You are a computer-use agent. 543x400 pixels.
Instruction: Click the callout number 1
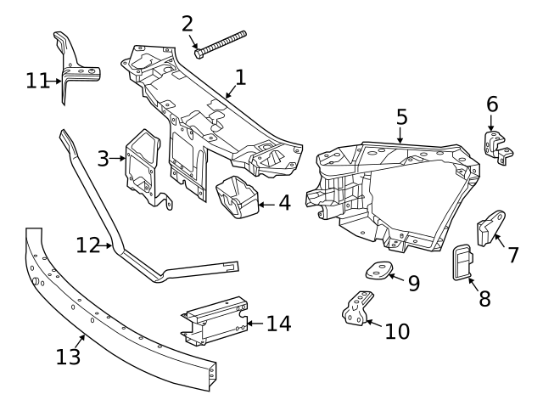tap(240, 77)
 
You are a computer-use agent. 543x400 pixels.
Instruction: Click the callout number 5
tap(401, 116)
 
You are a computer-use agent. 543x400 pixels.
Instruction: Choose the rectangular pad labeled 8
tap(461, 262)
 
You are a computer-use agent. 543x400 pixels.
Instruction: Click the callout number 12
tap(87, 245)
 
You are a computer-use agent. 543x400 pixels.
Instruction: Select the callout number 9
tap(414, 283)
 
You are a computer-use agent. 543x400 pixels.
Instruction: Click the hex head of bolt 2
tap(199, 54)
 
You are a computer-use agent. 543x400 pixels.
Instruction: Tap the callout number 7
tap(513, 254)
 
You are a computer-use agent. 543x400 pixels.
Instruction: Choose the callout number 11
tap(37, 81)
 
